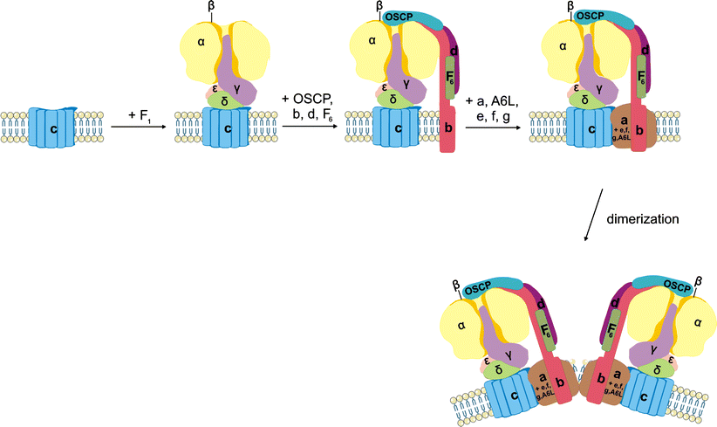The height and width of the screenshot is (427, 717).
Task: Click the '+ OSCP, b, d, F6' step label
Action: point(311,100)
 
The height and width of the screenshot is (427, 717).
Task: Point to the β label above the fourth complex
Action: point(570,6)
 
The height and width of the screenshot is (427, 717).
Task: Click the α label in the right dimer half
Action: point(696,322)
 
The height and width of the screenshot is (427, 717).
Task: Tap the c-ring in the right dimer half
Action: point(646,397)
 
